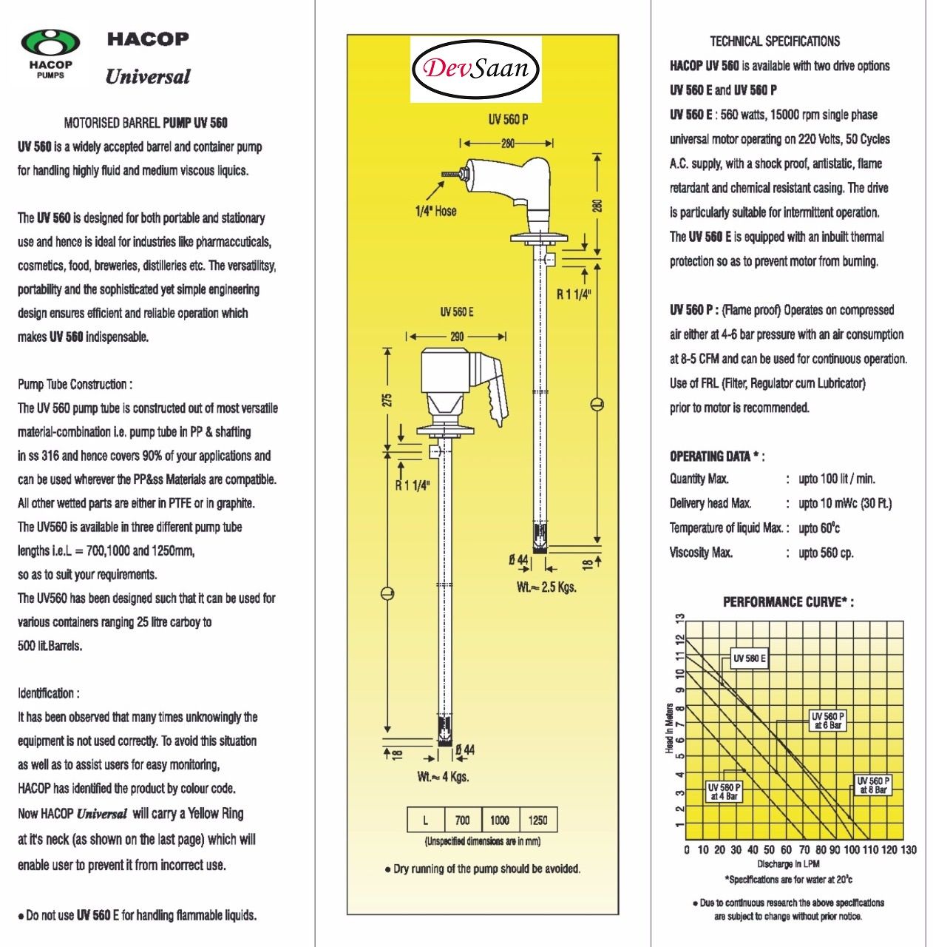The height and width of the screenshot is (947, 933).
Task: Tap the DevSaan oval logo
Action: point(476,69)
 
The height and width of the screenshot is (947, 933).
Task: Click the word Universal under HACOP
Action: point(148,77)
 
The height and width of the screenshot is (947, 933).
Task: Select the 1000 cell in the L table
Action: point(500,820)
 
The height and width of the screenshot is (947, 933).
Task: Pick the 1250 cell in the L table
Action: point(538,820)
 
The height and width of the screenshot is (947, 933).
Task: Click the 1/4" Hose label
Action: point(435,211)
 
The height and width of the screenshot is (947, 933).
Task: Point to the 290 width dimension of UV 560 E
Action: point(456,337)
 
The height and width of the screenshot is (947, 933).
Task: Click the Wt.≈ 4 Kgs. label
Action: point(443,777)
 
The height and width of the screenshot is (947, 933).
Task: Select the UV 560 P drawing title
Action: point(508,119)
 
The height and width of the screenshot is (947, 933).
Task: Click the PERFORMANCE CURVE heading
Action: point(788,602)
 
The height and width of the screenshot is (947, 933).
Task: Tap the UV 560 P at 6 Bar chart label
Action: point(827,721)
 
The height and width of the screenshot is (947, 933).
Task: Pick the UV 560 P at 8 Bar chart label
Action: point(873,785)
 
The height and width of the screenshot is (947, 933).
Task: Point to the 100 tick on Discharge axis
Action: point(852,850)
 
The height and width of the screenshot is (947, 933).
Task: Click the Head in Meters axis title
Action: point(670,729)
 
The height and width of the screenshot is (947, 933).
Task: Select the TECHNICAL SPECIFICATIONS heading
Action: point(775,41)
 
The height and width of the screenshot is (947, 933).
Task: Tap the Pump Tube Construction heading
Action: point(75,384)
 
